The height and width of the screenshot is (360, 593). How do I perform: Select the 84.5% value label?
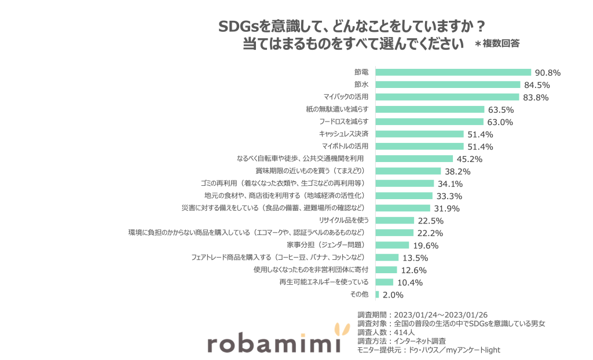click(536, 85)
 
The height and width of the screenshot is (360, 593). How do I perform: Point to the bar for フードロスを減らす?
click(429, 122)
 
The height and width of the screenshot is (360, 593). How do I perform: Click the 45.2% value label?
click(469, 159)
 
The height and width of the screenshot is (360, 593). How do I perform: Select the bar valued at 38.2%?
click(408, 171)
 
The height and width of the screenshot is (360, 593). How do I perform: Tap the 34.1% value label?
click(451, 184)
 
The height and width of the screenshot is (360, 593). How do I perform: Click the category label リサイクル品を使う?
click(344, 220)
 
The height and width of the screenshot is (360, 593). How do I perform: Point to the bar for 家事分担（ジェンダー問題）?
click(392, 245)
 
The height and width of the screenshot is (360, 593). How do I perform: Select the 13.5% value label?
click(415, 258)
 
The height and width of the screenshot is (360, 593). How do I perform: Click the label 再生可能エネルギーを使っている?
click(324, 282)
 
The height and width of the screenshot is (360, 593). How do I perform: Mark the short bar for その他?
click(377, 295)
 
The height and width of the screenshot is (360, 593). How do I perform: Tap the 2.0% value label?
click(393, 295)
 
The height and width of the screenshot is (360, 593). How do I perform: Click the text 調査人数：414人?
click(386, 332)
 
